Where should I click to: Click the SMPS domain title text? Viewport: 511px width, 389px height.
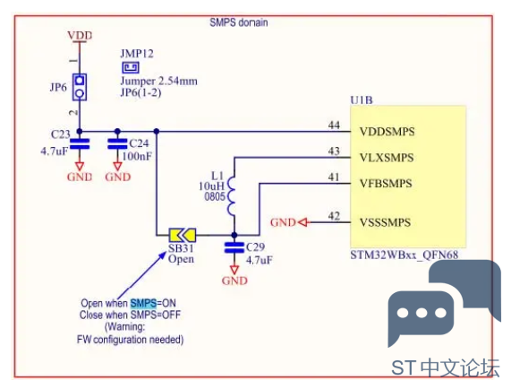(239, 22)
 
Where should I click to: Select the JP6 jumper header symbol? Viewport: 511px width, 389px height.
(80, 87)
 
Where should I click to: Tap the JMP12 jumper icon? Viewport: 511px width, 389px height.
(131, 67)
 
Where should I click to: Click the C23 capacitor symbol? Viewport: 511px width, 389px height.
(80, 144)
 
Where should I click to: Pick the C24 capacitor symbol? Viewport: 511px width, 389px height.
(117, 144)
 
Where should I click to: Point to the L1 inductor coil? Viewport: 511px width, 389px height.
(232, 195)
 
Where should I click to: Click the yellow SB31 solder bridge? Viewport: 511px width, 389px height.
(183, 235)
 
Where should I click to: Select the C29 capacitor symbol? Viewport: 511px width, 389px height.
(234, 247)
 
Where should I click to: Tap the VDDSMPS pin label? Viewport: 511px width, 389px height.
(388, 132)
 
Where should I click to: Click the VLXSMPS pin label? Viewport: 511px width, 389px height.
(387, 158)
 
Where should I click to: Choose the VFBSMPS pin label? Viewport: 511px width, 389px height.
(386, 184)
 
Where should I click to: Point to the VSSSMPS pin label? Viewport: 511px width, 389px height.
(385, 222)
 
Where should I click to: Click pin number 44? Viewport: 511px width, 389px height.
(334, 125)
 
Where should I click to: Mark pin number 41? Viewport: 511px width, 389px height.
(334, 177)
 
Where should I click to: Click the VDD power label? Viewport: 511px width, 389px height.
(80, 35)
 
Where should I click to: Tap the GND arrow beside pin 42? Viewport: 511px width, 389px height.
(303, 222)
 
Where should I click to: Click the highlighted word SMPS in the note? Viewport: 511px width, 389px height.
(143, 303)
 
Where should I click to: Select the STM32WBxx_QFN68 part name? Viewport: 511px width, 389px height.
(405, 255)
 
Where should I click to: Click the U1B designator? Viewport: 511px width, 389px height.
(362, 99)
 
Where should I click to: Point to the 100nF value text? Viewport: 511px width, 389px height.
(137, 156)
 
